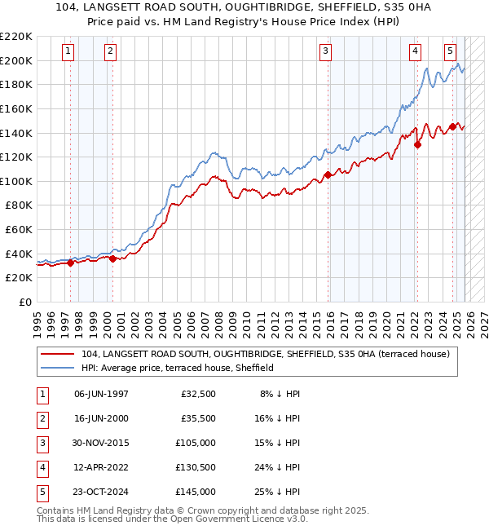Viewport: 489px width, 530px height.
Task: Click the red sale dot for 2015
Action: (328, 174)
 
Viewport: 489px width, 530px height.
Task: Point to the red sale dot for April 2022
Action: (417, 144)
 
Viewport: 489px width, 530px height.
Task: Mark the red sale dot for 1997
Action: (71, 263)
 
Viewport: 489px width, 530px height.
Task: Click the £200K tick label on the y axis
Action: (16, 60)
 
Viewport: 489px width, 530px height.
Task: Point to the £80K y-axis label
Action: (19, 205)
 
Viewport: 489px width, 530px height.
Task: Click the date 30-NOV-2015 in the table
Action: (101, 443)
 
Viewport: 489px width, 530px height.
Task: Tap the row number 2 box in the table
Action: (41, 418)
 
